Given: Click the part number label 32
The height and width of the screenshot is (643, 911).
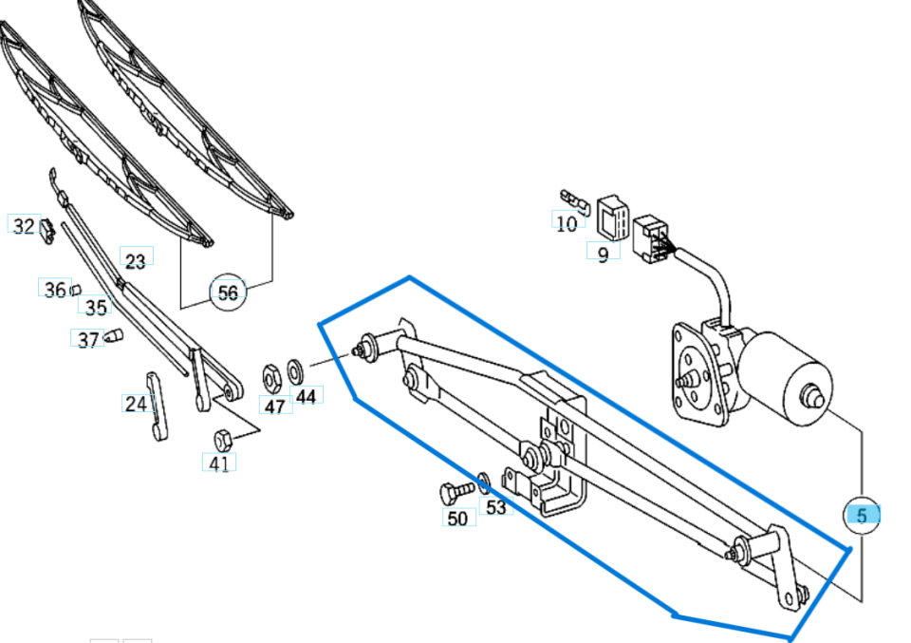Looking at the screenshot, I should [x=23, y=225].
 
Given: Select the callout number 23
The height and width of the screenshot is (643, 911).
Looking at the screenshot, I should [x=136, y=260].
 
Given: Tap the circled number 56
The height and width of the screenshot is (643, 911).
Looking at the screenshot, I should [x=228, y=293].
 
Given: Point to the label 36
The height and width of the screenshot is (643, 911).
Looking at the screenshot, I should [x=55, y=289].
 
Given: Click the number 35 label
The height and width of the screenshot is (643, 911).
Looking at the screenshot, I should [x=96, y=307].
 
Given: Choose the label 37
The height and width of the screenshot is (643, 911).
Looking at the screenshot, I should [x=87, y=340].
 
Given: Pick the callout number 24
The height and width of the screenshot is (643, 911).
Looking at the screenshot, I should [x=136, y=404].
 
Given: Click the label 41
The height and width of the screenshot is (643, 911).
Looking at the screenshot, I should [x=219, y=464].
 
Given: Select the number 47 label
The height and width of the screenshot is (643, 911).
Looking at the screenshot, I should [x=274, y=406].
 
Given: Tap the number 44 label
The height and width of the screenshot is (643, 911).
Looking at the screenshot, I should [x=306, y=395].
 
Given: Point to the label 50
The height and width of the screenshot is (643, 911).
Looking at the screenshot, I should [x=458, y=518].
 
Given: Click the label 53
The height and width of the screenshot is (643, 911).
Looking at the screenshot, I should [x=496, y=507].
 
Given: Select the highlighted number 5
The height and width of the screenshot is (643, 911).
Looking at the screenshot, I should [x=862, y=516].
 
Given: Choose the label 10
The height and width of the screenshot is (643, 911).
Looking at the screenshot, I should [x=567, y=224].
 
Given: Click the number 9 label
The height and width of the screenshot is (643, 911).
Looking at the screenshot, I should [x=603, y=255].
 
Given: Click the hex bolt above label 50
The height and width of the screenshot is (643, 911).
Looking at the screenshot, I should [x=454, y=493].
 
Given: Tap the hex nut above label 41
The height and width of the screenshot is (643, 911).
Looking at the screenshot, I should [x=223, y=439].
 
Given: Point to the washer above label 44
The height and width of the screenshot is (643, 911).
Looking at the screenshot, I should [x=295, y=367].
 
